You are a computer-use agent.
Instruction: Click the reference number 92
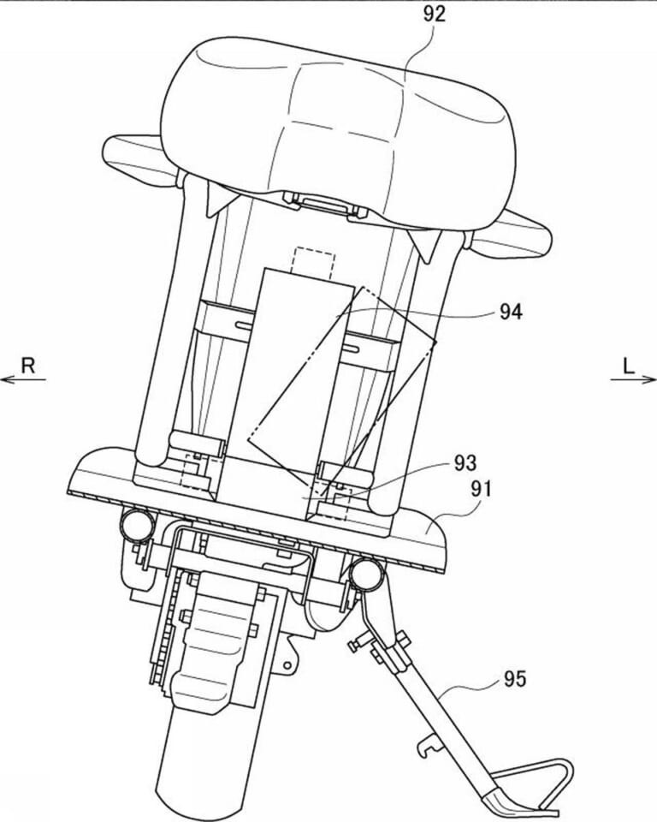click(x=435, y=14)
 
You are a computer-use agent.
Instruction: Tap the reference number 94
click(x=511, y=312)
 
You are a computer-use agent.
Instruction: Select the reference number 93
click(x=465, y=463)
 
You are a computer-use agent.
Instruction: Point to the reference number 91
click(x=482, y=489)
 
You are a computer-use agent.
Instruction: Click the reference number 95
click(x=514, y=679)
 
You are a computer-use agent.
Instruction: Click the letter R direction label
click(x=27, y=365)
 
